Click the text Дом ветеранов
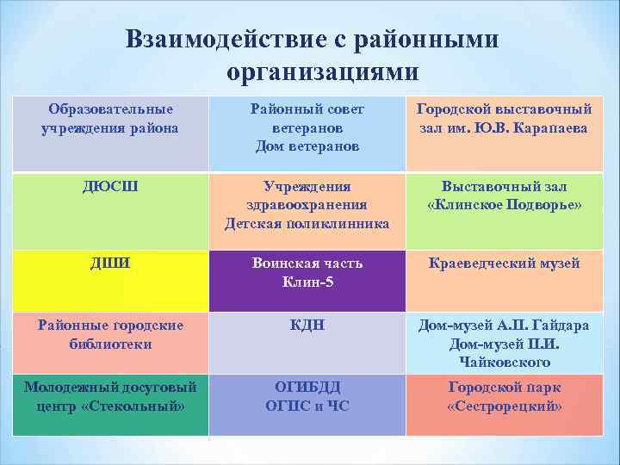point(307,146)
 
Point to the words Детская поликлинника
point(307,223)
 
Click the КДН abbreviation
point(307,325)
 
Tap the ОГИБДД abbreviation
point(307,387)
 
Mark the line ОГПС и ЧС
point(307,405)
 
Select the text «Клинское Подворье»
point(505,205)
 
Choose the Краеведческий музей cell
point(505,263)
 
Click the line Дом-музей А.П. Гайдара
point(505,325)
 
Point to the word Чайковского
point(505,363)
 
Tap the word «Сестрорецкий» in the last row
point(505,405)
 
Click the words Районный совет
point(307,109)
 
